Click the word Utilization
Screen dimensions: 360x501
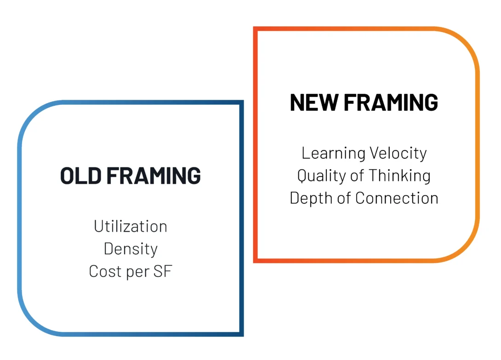(x=131, y=226)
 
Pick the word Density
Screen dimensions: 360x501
(x=131, y=249)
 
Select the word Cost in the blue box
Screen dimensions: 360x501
(x=104, y=271)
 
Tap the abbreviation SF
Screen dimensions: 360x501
(x=163, y=271)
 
